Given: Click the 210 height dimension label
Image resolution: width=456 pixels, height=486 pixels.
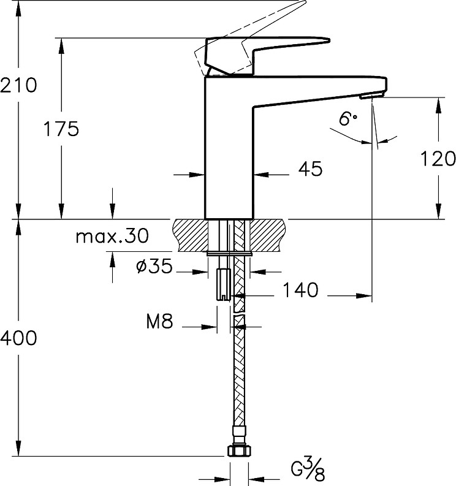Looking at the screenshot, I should click(18, 85).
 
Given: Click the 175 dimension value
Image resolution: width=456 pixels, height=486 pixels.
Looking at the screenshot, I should click(61, 129).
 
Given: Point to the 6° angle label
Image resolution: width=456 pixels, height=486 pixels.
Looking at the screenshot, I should click(348, 119).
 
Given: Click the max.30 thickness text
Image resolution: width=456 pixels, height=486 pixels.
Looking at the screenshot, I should click(112, 236).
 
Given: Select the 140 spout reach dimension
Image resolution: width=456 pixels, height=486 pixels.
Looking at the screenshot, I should click(300, 290).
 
